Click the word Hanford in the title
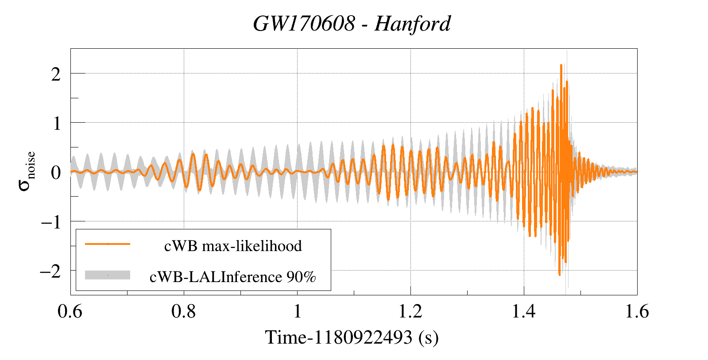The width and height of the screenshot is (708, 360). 412,24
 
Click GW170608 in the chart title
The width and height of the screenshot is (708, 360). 304,24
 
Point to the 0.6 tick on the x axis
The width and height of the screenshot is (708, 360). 70,312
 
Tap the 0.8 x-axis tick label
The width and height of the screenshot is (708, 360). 183,312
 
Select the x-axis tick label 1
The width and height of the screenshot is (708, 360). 297,312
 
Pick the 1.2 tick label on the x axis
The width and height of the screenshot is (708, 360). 410,312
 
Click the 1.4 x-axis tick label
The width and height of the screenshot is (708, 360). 524,312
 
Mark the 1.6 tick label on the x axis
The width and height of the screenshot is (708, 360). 637,312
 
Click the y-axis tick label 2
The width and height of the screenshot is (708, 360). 55,74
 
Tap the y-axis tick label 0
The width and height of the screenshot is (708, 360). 55,172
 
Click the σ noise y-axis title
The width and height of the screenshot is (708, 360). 27,171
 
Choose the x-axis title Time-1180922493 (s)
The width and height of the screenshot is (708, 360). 352,338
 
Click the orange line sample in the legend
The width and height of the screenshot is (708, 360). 108,244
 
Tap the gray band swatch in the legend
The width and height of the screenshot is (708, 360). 108,275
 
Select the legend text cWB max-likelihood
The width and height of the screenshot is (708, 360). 233,246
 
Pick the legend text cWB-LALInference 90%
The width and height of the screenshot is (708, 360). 233,277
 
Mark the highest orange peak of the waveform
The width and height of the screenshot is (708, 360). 561,65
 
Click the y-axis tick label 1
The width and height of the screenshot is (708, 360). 56,124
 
